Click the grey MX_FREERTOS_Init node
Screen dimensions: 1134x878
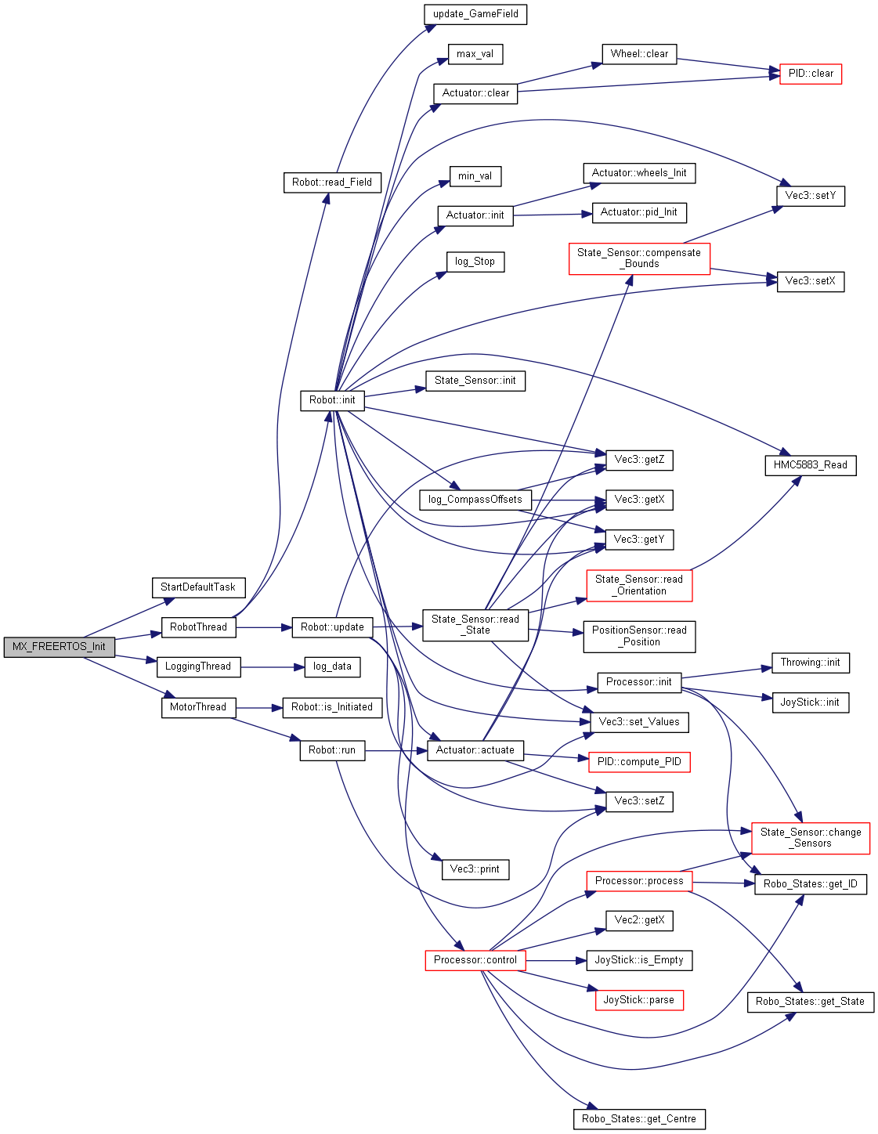pyautogui.click(x=59, y=647)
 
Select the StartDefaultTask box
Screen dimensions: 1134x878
pyautogui.click(x=198, y=587)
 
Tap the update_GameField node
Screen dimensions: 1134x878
pyautogui.click(x=475, y=14)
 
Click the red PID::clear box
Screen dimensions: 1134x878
pyautogui.click(x=811, y=74)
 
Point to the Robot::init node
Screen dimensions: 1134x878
pyautogui.click(x=332, y=400)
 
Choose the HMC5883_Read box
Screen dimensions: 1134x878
pyautogui.click(x=811, y=465)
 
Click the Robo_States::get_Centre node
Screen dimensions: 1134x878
pyautogui.click(x=639, y=1119)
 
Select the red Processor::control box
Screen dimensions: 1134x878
pyautogui.click(x=475, y=960)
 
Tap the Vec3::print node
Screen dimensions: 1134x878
pyautogui.click(x=475, y=869)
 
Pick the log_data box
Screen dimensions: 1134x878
pyautogui.click(x=332, y=666)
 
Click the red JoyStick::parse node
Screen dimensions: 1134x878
pyautogui.click(x=639, y=1000)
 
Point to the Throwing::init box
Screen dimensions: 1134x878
pyautogui.click(x=811, y=663)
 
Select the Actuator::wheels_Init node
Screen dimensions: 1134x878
pyautogui.click(x=639, y=173)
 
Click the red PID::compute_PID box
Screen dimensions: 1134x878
pyautogui.click(x=639, y=762)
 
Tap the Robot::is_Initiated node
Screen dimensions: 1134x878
pyautogui.click(x=332, y=707)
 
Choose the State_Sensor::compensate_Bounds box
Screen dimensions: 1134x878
pyautogui.click(x=639, y=258)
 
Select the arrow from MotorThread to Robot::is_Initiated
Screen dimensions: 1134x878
pyautogui.click(x=258, y=708)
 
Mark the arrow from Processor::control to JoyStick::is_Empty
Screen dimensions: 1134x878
pyautogui.click(x=556, y=961)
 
